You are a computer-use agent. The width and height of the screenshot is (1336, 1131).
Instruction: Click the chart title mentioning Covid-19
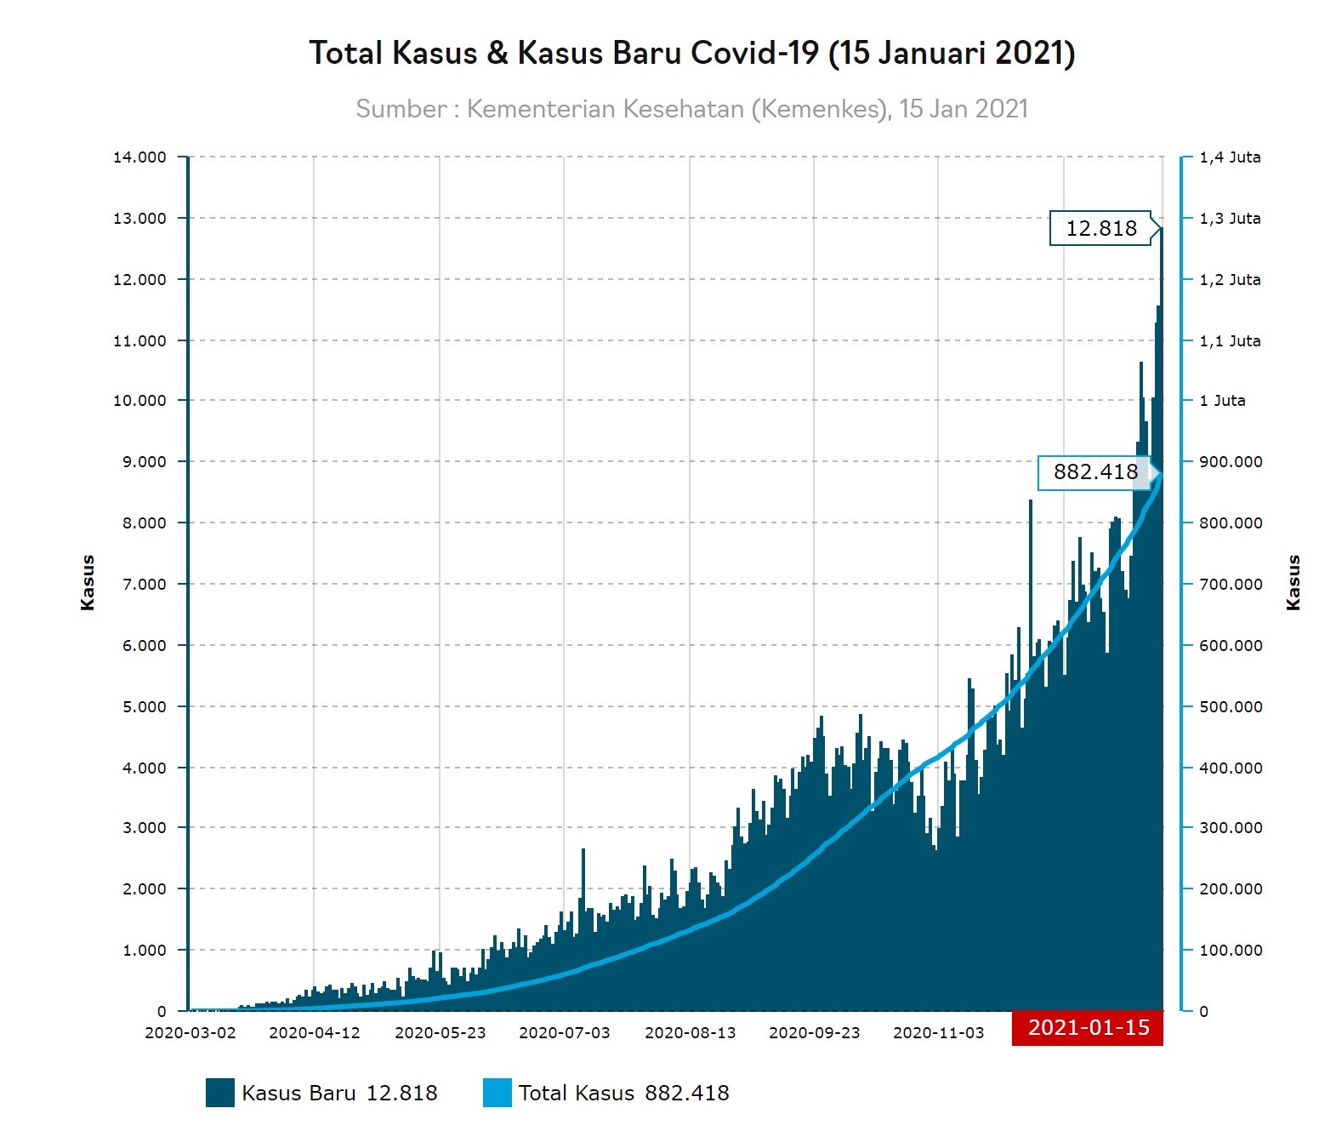point(691,53)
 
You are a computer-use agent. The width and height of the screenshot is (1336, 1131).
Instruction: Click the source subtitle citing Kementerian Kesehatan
point(691,109)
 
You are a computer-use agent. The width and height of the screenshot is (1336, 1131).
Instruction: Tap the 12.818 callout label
point(1101,228)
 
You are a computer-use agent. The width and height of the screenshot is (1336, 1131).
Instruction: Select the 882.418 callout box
point(1094,472)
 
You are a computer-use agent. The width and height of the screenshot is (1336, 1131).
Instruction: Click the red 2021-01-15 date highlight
point(1088,1028)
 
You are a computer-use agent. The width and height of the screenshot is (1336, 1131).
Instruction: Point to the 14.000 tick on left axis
point(139,157)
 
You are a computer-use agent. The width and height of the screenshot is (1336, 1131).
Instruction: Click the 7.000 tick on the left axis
point(144,585)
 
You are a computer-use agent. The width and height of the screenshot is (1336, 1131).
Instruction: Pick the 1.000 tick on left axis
point(144,951)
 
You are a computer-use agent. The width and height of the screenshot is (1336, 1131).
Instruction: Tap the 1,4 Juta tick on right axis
point(1230,157)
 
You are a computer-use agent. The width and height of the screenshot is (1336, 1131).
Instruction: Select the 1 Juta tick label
point(1222,401)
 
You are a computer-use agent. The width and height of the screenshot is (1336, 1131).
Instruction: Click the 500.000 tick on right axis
point(1231,707)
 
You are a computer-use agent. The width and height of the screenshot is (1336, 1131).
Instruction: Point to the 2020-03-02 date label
point(190,1033)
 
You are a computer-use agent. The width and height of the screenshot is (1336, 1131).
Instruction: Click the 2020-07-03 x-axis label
point(565,1033)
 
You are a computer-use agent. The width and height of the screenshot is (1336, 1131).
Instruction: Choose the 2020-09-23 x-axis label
point(815,1033)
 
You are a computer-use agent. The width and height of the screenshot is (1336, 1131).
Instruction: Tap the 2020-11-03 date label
point(939,1033)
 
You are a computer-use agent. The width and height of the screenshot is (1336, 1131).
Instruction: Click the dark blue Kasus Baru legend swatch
point(220,1093)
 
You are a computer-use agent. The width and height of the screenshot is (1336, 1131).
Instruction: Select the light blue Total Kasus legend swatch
point(497,1093)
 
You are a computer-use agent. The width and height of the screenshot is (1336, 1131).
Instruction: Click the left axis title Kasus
point(88,583)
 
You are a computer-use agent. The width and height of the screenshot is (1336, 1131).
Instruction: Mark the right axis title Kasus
point(1293,583)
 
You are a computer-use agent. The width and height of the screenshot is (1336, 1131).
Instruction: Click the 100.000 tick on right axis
point(1231,951)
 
